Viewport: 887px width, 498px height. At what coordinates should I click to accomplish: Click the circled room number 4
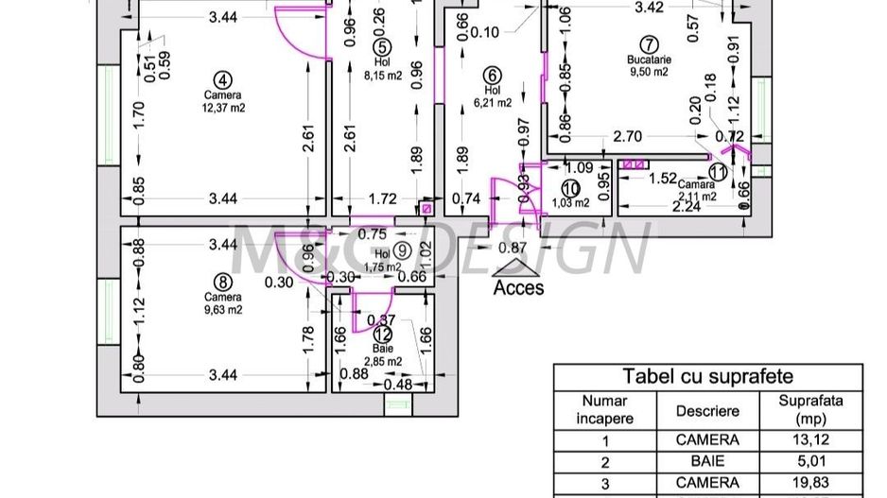coord(222,79)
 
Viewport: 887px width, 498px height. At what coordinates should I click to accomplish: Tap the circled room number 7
coord(648,44)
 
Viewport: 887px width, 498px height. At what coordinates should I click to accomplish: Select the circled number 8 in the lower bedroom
coord(222,281)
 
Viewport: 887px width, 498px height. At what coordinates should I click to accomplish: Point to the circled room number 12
coord(381,333)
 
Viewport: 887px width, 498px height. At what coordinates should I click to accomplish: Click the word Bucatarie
coord(649,60)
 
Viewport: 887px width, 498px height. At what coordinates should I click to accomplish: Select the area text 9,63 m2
coord(222,308)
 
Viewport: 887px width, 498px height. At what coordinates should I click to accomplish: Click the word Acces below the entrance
coord(518,286)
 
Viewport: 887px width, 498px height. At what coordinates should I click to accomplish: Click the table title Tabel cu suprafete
coord(706,375)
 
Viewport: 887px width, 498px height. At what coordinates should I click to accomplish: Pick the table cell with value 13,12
coord(810,440)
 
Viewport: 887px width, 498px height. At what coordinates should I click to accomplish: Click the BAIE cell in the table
coord(706,463)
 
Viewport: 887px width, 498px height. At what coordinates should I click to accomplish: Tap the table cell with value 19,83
coord(810,484)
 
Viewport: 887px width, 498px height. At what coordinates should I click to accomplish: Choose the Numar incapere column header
coord(605,410)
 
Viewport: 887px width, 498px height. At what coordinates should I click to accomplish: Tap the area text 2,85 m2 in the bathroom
coord(382,361)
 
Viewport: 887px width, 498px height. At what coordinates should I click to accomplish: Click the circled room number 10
coord(569,187)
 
